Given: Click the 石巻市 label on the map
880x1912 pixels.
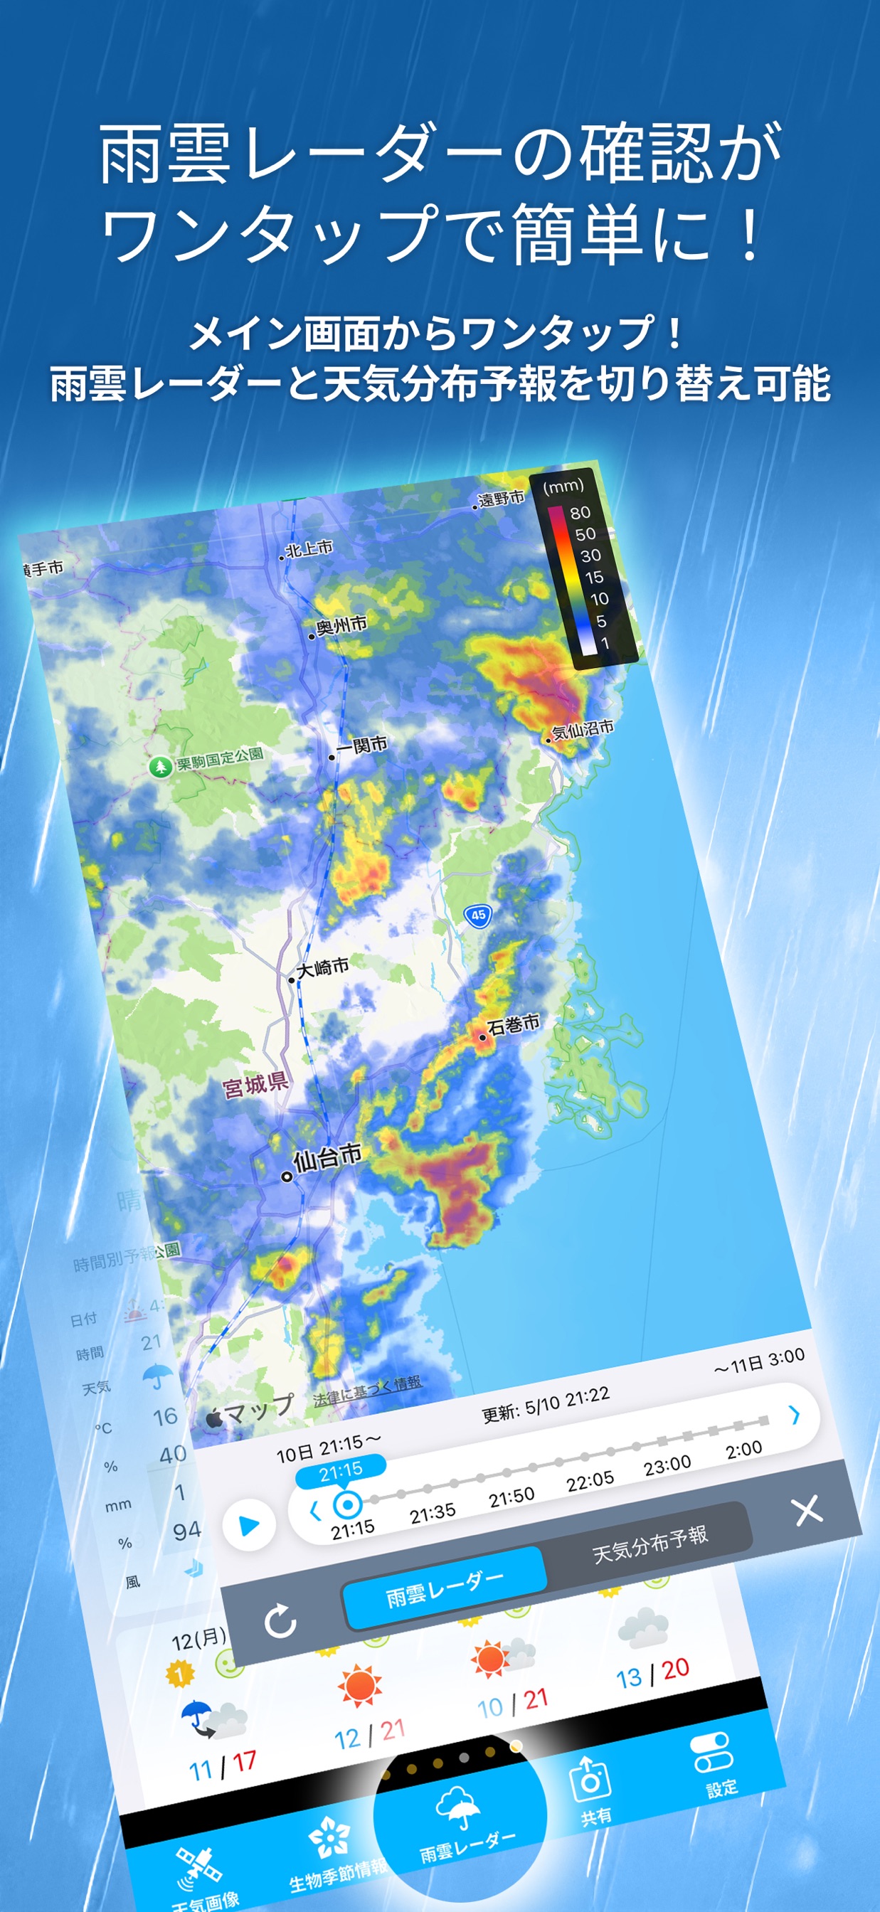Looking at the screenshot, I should (512, 1025).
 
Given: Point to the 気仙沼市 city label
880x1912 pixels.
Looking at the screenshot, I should (582, 729).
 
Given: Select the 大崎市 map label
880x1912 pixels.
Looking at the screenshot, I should (322, 967).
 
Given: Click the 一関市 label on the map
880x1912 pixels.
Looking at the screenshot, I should (361, 745).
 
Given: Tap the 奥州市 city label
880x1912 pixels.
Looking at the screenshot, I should (341, 626).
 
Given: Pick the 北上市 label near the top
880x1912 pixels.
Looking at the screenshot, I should (309, 548).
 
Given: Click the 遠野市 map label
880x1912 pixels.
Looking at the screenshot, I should (501, 499).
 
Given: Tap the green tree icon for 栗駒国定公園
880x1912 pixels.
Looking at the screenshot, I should (159, 766).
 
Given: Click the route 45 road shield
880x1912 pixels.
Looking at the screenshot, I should (478, 915).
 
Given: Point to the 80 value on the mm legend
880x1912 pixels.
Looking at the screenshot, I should (580, 513).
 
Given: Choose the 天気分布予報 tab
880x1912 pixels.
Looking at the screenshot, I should (650, 1544).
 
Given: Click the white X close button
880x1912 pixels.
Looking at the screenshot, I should (807, 1509).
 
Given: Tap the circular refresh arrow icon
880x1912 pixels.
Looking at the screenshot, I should (281, 1620).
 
